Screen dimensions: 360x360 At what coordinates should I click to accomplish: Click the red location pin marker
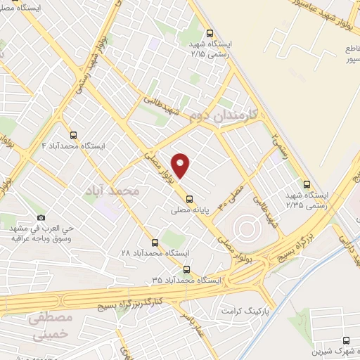click(181, 165)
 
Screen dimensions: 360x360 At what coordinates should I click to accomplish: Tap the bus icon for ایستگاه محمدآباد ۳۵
click(186, 269)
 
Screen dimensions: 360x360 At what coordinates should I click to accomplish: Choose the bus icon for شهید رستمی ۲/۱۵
click(210, 32)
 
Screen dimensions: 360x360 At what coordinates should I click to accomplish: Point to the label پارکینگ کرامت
click(245, 310)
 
